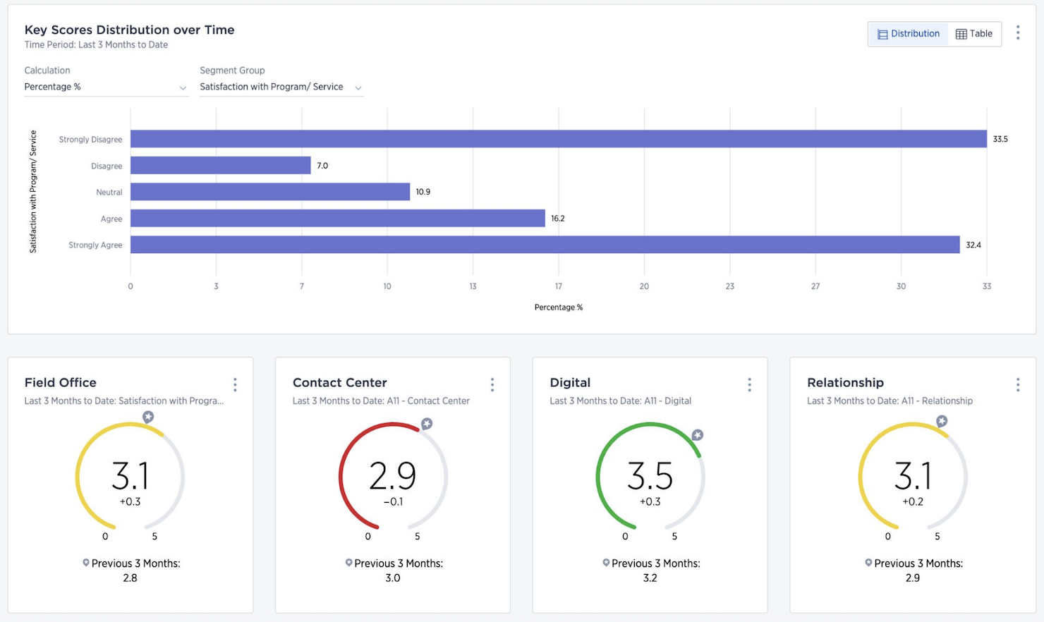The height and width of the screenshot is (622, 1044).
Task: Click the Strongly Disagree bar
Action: (558, 139)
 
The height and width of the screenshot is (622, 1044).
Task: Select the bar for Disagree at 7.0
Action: (220, 165)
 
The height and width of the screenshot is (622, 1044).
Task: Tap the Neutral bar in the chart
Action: (269, 192)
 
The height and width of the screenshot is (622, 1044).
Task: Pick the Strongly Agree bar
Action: (545, 245)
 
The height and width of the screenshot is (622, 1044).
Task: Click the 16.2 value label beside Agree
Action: (557, 219)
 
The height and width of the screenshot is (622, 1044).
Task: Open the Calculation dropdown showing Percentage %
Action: (106, 87)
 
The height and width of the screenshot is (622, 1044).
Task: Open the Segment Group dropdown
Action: (281, 87)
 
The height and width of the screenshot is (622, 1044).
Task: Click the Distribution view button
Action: (909, 34)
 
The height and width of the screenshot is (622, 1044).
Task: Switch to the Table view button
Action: (974, 34)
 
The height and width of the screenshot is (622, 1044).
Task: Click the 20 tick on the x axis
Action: (644, 286)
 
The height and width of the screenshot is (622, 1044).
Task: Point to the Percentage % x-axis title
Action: (558, 307)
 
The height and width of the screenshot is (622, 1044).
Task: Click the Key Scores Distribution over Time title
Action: (129, 30)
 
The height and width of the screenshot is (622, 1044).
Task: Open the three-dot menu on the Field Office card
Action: (235, 384)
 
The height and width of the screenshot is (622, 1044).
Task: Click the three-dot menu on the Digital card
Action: (749, 384)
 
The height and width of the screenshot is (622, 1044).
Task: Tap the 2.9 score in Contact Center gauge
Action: (392, 476)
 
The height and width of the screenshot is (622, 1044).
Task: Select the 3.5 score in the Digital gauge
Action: (650, 476)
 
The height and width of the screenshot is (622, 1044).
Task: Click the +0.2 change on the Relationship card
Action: (913, 502)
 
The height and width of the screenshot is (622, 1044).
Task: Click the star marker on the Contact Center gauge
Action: (427, 424)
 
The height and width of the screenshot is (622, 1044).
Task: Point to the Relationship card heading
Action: (845, 382)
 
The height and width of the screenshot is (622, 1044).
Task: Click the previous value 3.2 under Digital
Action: (650, 578)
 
